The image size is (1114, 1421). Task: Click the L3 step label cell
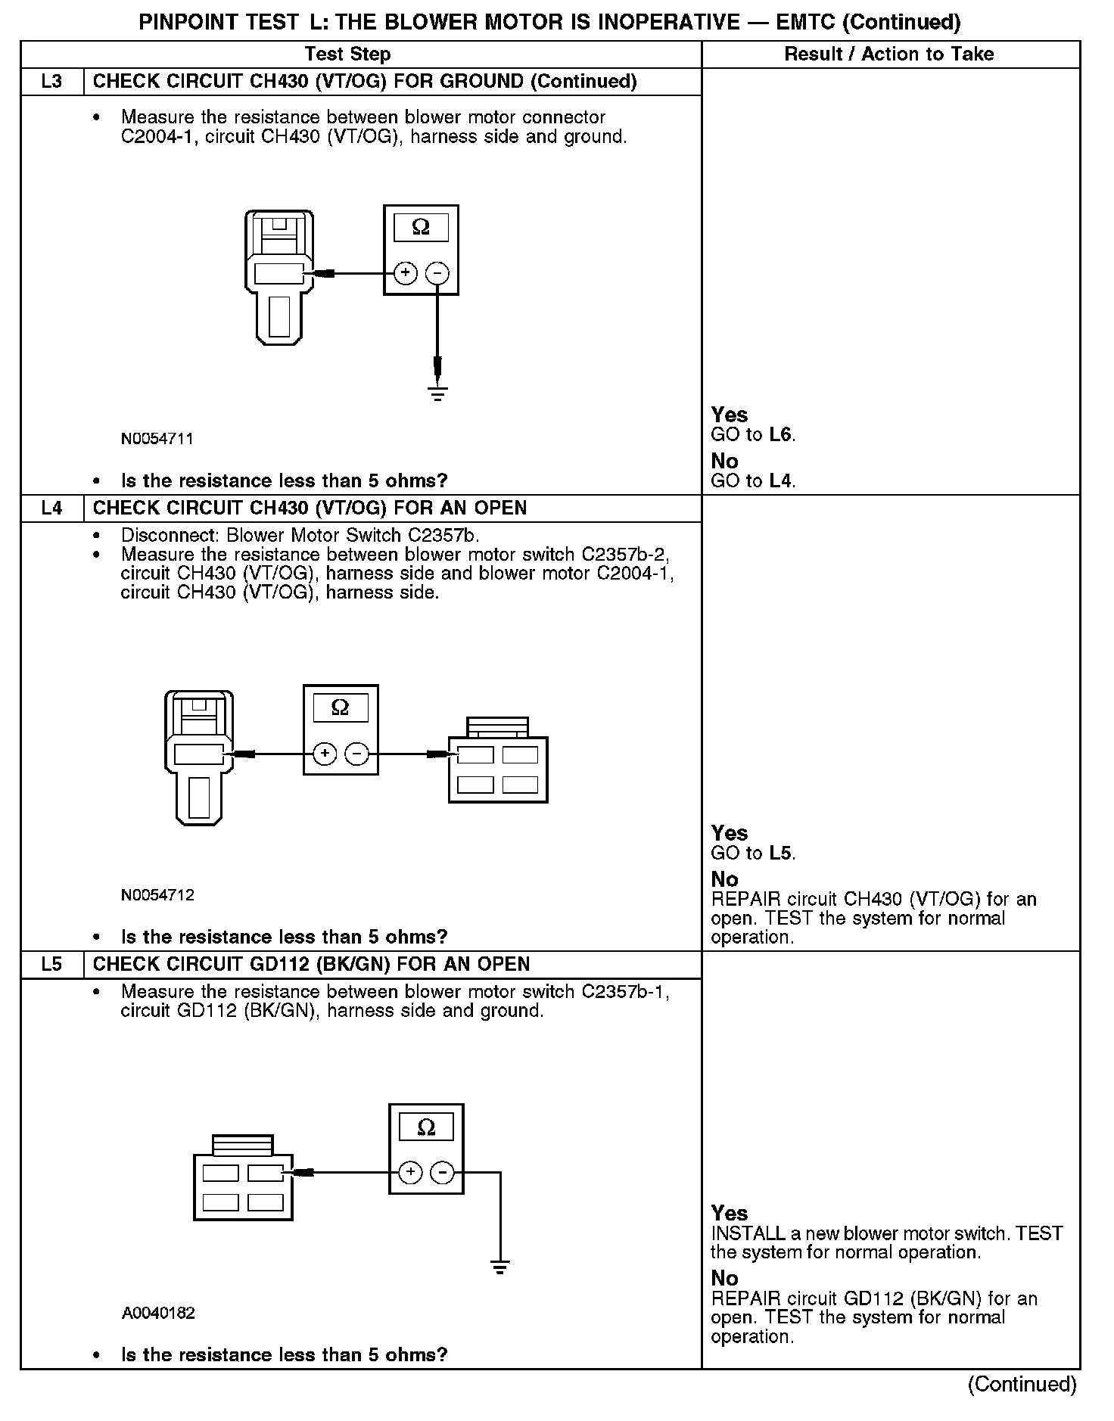click(51, 81)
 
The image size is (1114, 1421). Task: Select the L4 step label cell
click(51, 508)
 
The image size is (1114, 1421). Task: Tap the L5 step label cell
click(51, 964)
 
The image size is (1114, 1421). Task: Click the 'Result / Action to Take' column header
click(889, 54)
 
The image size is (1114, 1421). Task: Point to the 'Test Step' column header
click(347, 54)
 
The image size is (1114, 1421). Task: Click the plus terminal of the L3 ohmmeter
click(406, 272)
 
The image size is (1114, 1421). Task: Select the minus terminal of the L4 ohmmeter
click(357, 754)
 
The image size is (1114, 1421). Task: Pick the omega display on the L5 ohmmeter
click(426, 1127)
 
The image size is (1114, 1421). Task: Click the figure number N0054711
click(157, 439)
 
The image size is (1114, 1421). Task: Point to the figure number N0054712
click(157, 895)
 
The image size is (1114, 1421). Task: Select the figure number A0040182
click(158, 1313)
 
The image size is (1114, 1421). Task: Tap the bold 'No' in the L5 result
click(724, 1278)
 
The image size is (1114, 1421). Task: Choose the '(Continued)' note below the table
click(1022, 1384)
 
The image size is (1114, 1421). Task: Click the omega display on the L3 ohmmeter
click(421, 227)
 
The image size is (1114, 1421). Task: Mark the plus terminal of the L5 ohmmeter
click(410, 1172)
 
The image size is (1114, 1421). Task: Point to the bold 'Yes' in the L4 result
click(730, 833)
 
